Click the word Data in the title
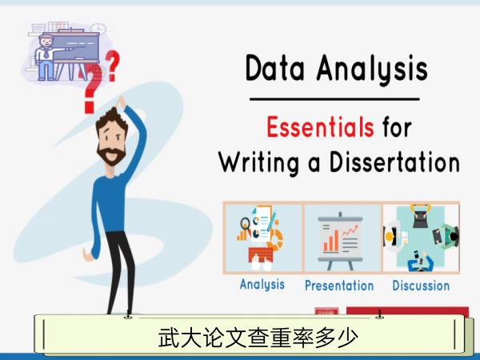click(274, 68)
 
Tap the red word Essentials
click(320, 126)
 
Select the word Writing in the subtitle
click(258, 162)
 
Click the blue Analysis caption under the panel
click(262, 284)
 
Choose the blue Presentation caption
click(339, 286)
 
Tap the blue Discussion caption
click(421, 286)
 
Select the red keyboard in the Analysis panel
click(261, 254)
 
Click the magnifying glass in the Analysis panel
click(246, 224)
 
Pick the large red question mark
click(92, 89)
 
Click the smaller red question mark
click(112, 66)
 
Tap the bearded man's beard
click(111, 155)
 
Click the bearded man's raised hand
click(122, 102)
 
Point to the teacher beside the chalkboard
click(45, 58)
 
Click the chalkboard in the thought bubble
click(75, 47)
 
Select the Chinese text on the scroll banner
click(258, 338)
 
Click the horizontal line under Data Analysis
click(334, 99)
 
